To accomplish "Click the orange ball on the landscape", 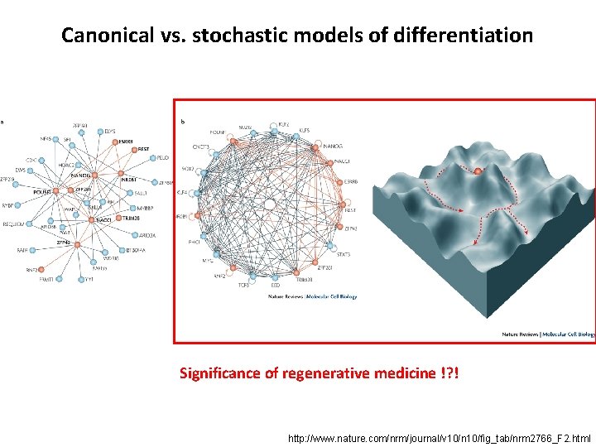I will coord(478,171).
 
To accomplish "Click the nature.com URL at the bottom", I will coord(439,436).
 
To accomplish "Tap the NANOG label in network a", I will coord(81,175).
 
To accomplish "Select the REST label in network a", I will coord(143,149).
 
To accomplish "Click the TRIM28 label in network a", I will coord(132,217).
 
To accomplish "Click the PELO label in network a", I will coord(163,156).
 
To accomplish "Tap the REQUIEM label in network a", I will coord(14,224).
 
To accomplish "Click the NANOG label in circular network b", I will coord(333,146).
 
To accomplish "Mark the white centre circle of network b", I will coord(269,204).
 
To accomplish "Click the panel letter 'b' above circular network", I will coord(183,121).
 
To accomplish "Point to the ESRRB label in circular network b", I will coord(351,181).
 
